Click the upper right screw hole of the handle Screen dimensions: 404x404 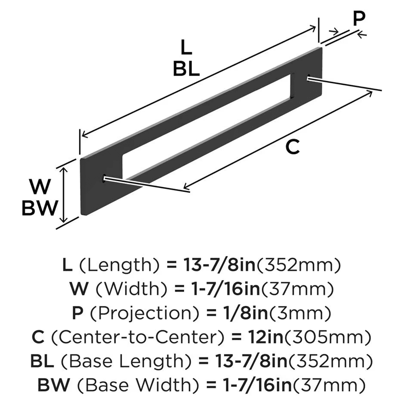coord(309,78)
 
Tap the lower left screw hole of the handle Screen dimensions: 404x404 coord(105,177)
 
